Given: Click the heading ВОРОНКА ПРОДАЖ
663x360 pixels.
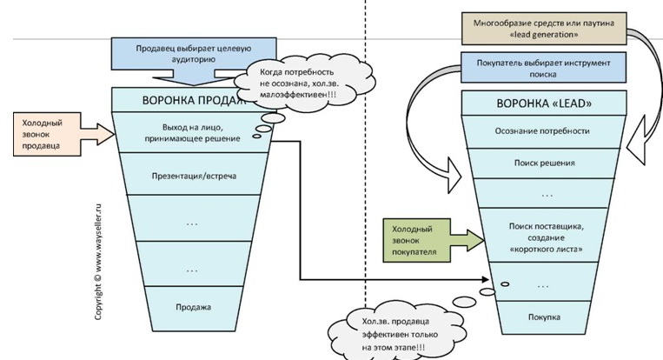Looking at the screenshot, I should tap(182, 99).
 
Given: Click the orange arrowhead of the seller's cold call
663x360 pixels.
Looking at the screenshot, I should tap(107, 132).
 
